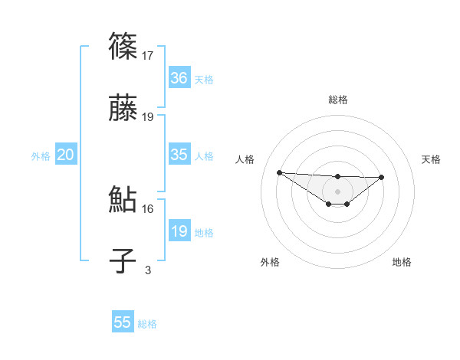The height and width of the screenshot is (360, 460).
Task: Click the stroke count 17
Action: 148,55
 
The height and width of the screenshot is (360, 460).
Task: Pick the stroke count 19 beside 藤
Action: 148,117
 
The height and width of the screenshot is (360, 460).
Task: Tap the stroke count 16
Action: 148,208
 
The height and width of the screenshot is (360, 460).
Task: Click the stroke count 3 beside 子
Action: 148,270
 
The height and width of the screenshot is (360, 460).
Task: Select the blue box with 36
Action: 179,78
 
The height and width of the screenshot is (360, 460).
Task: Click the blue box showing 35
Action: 179,155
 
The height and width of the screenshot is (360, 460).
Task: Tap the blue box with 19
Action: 179,231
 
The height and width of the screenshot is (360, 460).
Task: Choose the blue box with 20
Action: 65,155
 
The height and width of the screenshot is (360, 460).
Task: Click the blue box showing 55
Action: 123,322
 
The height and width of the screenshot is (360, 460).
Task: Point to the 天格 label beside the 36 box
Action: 204,80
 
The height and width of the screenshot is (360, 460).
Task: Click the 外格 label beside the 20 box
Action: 41,156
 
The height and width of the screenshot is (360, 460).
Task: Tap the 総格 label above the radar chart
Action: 337,100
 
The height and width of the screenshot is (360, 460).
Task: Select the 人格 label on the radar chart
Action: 245,159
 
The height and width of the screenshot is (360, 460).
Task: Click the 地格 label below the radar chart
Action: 402,262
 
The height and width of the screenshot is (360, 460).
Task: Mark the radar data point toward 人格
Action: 279,172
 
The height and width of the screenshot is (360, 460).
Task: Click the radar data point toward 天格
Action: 382,177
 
